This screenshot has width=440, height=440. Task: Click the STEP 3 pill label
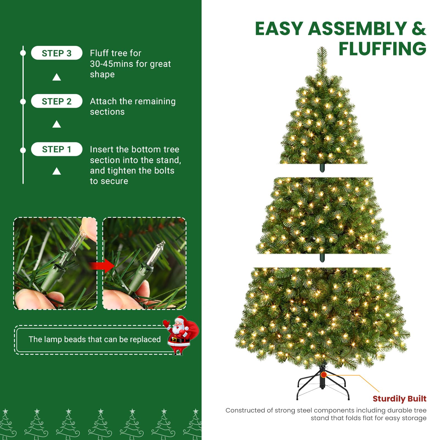[56, 53]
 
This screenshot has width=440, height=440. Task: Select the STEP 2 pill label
[56, 101]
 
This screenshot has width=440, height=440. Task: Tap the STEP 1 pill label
[56, 149]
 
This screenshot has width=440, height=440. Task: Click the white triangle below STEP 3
[57, 77]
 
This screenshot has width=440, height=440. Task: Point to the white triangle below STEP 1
[57, 171]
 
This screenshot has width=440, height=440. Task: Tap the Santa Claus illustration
[180, 335]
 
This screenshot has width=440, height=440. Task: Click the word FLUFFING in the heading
[382, 49]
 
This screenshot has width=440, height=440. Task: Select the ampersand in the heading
[419, 29]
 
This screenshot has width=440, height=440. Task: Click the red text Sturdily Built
[399, 398]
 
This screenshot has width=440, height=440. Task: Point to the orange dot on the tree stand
[324, 375]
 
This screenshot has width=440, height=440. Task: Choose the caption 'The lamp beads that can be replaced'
[95, 339]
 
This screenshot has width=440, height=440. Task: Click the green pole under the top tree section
[322, 168]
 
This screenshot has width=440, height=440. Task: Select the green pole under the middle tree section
[322, 258]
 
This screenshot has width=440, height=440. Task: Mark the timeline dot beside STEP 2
[23, 101]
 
